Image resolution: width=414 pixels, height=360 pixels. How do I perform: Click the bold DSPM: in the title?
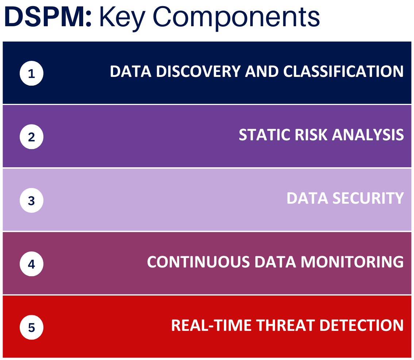(x=48, y=17)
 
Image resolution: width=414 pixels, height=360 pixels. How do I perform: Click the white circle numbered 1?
(x=31, y=74)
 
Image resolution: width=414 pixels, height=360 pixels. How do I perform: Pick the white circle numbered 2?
(x=31, y=137)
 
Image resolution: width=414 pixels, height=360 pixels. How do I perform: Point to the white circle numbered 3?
(x=31, y=200)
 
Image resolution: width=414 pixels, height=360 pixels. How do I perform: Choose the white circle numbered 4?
(x=31, y=264)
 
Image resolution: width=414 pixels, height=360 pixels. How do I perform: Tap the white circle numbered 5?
(x=31, y=327)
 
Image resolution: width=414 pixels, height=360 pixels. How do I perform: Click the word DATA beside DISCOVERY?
(x=131, y=71)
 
